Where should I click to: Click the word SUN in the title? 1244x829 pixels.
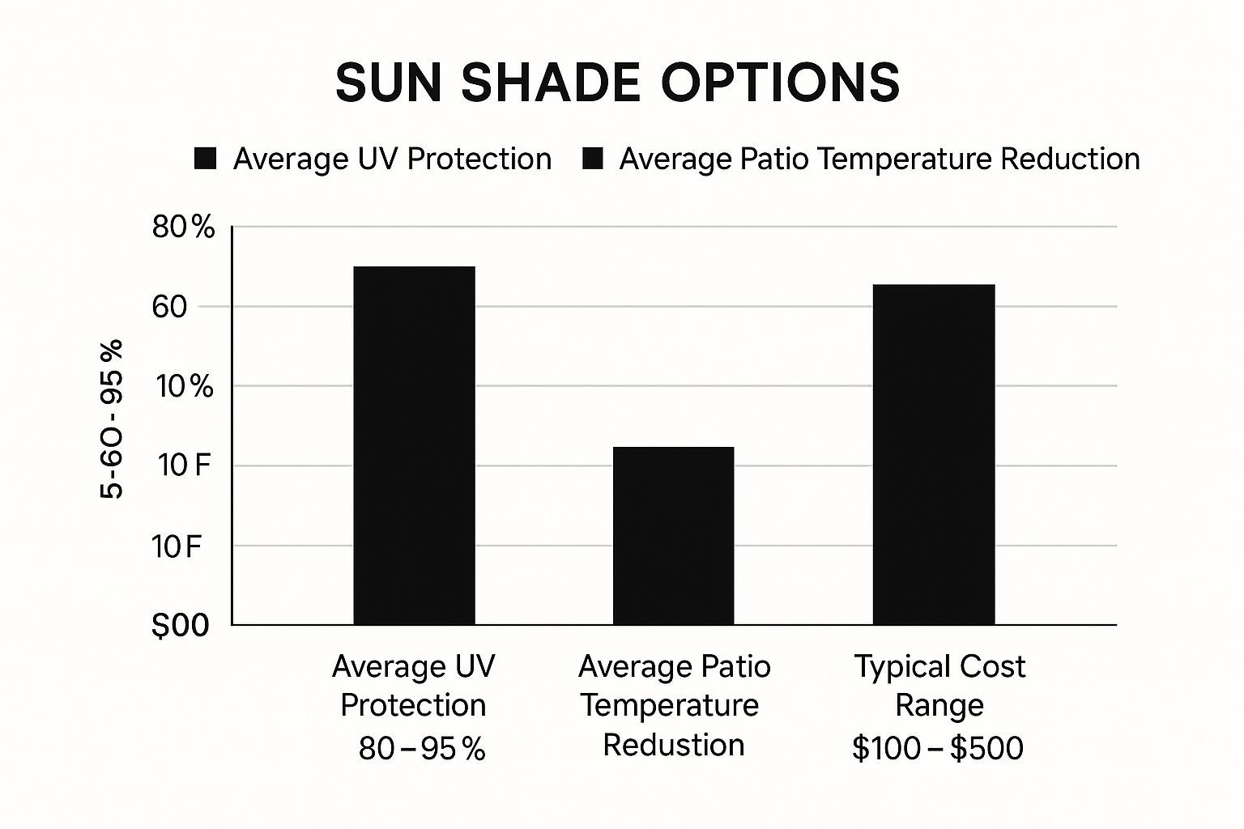pyautogui.click(x=388, y=83)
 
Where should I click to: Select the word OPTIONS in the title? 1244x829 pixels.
pyautogui.click(x=780, y=83)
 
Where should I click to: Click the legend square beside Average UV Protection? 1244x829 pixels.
pyautogui.click(x=206, y=159)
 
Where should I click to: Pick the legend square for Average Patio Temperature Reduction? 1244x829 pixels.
pyautogui.click(x=593, y=159)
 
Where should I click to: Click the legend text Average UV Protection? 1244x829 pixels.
pyautogui.click(x=392, y=159)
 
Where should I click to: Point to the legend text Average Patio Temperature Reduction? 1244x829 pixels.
pyautogui.click(x=880, y=159)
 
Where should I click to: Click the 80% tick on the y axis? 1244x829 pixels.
pyautogui.click(x=184, y=227)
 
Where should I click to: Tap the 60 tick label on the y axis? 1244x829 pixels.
pyautogui.click(x=169, y=307)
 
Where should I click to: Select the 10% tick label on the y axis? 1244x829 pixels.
pyautogui.click(x=185, y=386)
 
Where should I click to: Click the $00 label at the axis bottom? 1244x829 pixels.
pyautogui.click(x=180, y=625)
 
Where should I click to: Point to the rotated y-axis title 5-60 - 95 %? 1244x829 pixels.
pyautogui.click(x=112, y=419)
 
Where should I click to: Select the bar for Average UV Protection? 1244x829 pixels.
pyautogui.click(x=414, y=445)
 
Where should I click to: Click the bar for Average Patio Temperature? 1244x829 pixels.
pyautogui.click(x=673, y=535)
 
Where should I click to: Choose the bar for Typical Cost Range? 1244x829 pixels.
pyautogui.click(x=933, y=454)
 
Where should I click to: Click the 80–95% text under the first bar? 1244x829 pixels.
pyautogui.click(x=422, y=748)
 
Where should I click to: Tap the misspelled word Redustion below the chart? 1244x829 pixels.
pyautogui.click(x=673, y=745)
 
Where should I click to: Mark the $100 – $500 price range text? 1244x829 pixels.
pyautogui.click(x=938, y=748)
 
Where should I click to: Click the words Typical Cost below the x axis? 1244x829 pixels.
pyautogui.click(x=939, y=667)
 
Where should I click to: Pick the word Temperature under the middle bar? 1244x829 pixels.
pyautogui.click(x=670, y=705)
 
